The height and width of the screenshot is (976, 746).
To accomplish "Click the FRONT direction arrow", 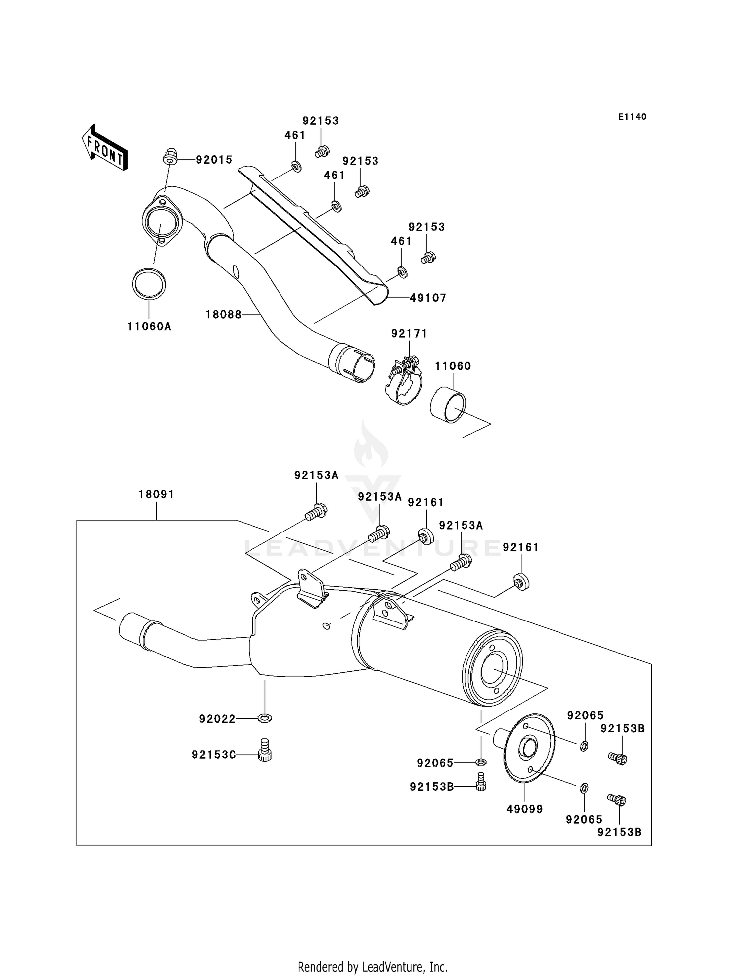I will coord(104,148).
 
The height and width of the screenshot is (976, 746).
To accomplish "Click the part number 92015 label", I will coord(214,160).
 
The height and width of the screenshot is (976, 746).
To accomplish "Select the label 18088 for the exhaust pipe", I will coord(223,314).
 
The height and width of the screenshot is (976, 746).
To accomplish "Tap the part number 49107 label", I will coord(428,298).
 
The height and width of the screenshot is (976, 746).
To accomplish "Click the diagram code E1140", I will coord(632,117).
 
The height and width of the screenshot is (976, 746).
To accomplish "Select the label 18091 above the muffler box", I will coord(156,494).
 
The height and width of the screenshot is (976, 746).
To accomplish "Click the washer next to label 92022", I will coord(265,718).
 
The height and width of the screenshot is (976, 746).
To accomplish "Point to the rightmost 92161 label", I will coord(520,547).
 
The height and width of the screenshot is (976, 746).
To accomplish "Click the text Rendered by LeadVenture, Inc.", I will coord(373,967).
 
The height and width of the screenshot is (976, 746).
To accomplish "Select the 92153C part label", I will coord(214,755).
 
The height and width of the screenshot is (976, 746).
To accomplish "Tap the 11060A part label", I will coord(149,326).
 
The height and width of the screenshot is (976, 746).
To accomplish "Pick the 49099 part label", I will coord(524,809).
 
